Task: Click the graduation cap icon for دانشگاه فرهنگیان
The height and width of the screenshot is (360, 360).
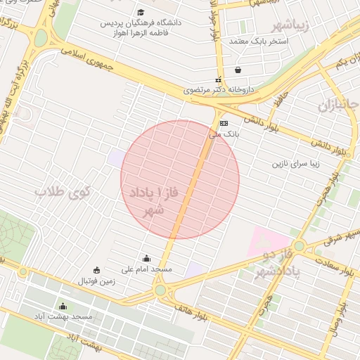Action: pos(141,12)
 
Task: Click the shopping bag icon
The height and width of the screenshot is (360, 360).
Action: pos(238,70)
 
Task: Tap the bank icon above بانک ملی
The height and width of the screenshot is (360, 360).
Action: pos(224,123)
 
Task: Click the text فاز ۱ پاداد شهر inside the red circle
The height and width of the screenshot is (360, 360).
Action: pos(153,200)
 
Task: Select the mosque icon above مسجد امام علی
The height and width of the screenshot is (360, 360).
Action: pos(146,258)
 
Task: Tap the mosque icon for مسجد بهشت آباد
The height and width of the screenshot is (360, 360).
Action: pos(63,306)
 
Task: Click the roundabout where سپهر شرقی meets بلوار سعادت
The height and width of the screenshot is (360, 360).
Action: pos(299,246)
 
